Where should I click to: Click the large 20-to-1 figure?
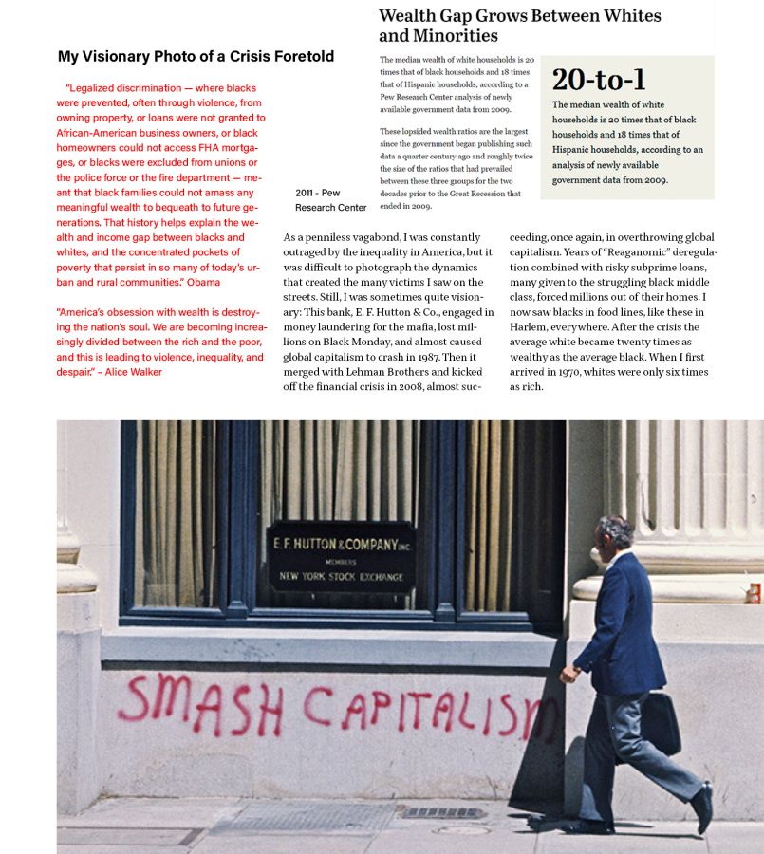(x=599, y=79)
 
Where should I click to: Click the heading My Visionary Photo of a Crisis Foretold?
(x=196, y=57)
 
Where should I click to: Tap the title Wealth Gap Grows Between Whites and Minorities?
(x=519, y=26)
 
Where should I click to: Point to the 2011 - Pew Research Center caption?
(x=329, y=200)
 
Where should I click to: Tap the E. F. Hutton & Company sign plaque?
(x=339, y=556)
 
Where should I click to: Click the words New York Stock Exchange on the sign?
(x=341, y=577)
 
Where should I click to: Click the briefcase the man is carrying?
(x=659, y=722)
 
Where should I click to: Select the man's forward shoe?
(x=702, y=808)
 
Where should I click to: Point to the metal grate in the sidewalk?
(x=442, y=813)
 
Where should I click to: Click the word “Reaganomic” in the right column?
(x=613, y=252)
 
